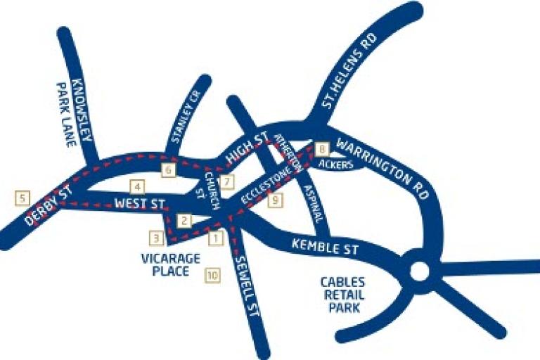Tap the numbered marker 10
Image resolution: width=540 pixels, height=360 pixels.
(212, 276)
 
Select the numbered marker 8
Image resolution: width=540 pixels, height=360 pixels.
(322, 149)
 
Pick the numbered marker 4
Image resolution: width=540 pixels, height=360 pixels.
(137, 187)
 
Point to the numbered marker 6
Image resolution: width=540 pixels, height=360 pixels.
(168, 170)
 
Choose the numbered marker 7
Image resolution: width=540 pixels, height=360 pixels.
(226, 182)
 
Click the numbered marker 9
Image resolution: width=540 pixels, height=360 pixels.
(275, 201)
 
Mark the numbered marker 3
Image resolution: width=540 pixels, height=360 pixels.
(157, 237)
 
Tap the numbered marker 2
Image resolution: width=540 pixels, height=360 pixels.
(184, 221)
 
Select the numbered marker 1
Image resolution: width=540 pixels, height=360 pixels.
(215, 238)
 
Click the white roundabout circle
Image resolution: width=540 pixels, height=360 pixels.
(419, 271)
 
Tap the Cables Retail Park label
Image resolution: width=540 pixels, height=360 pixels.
(342, 295)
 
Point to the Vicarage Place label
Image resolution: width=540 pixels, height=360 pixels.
(169, 264)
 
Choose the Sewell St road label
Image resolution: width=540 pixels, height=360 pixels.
(247, 290)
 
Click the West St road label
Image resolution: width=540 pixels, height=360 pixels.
(139, 204)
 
